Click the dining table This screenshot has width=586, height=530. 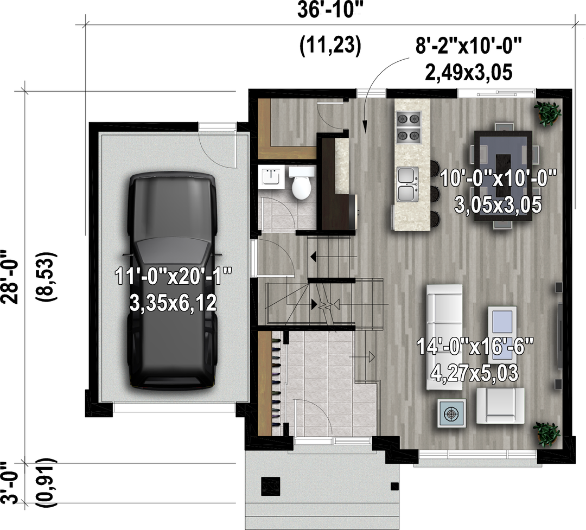tap(503, 176)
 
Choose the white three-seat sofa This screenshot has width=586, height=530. tap(444, 337)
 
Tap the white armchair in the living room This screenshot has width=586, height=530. tap(500, 406)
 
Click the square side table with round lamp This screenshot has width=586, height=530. tap(452, 413)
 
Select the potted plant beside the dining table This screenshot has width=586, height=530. tap(548, 112)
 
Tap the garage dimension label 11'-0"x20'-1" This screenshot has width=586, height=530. tap(173, 277)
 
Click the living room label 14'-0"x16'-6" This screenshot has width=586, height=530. tap(475, 347)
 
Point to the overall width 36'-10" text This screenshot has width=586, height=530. tap(330, 10)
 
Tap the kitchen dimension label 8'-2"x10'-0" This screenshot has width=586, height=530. tap(468, 46)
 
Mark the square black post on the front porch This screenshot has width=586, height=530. tap(270, 486)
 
